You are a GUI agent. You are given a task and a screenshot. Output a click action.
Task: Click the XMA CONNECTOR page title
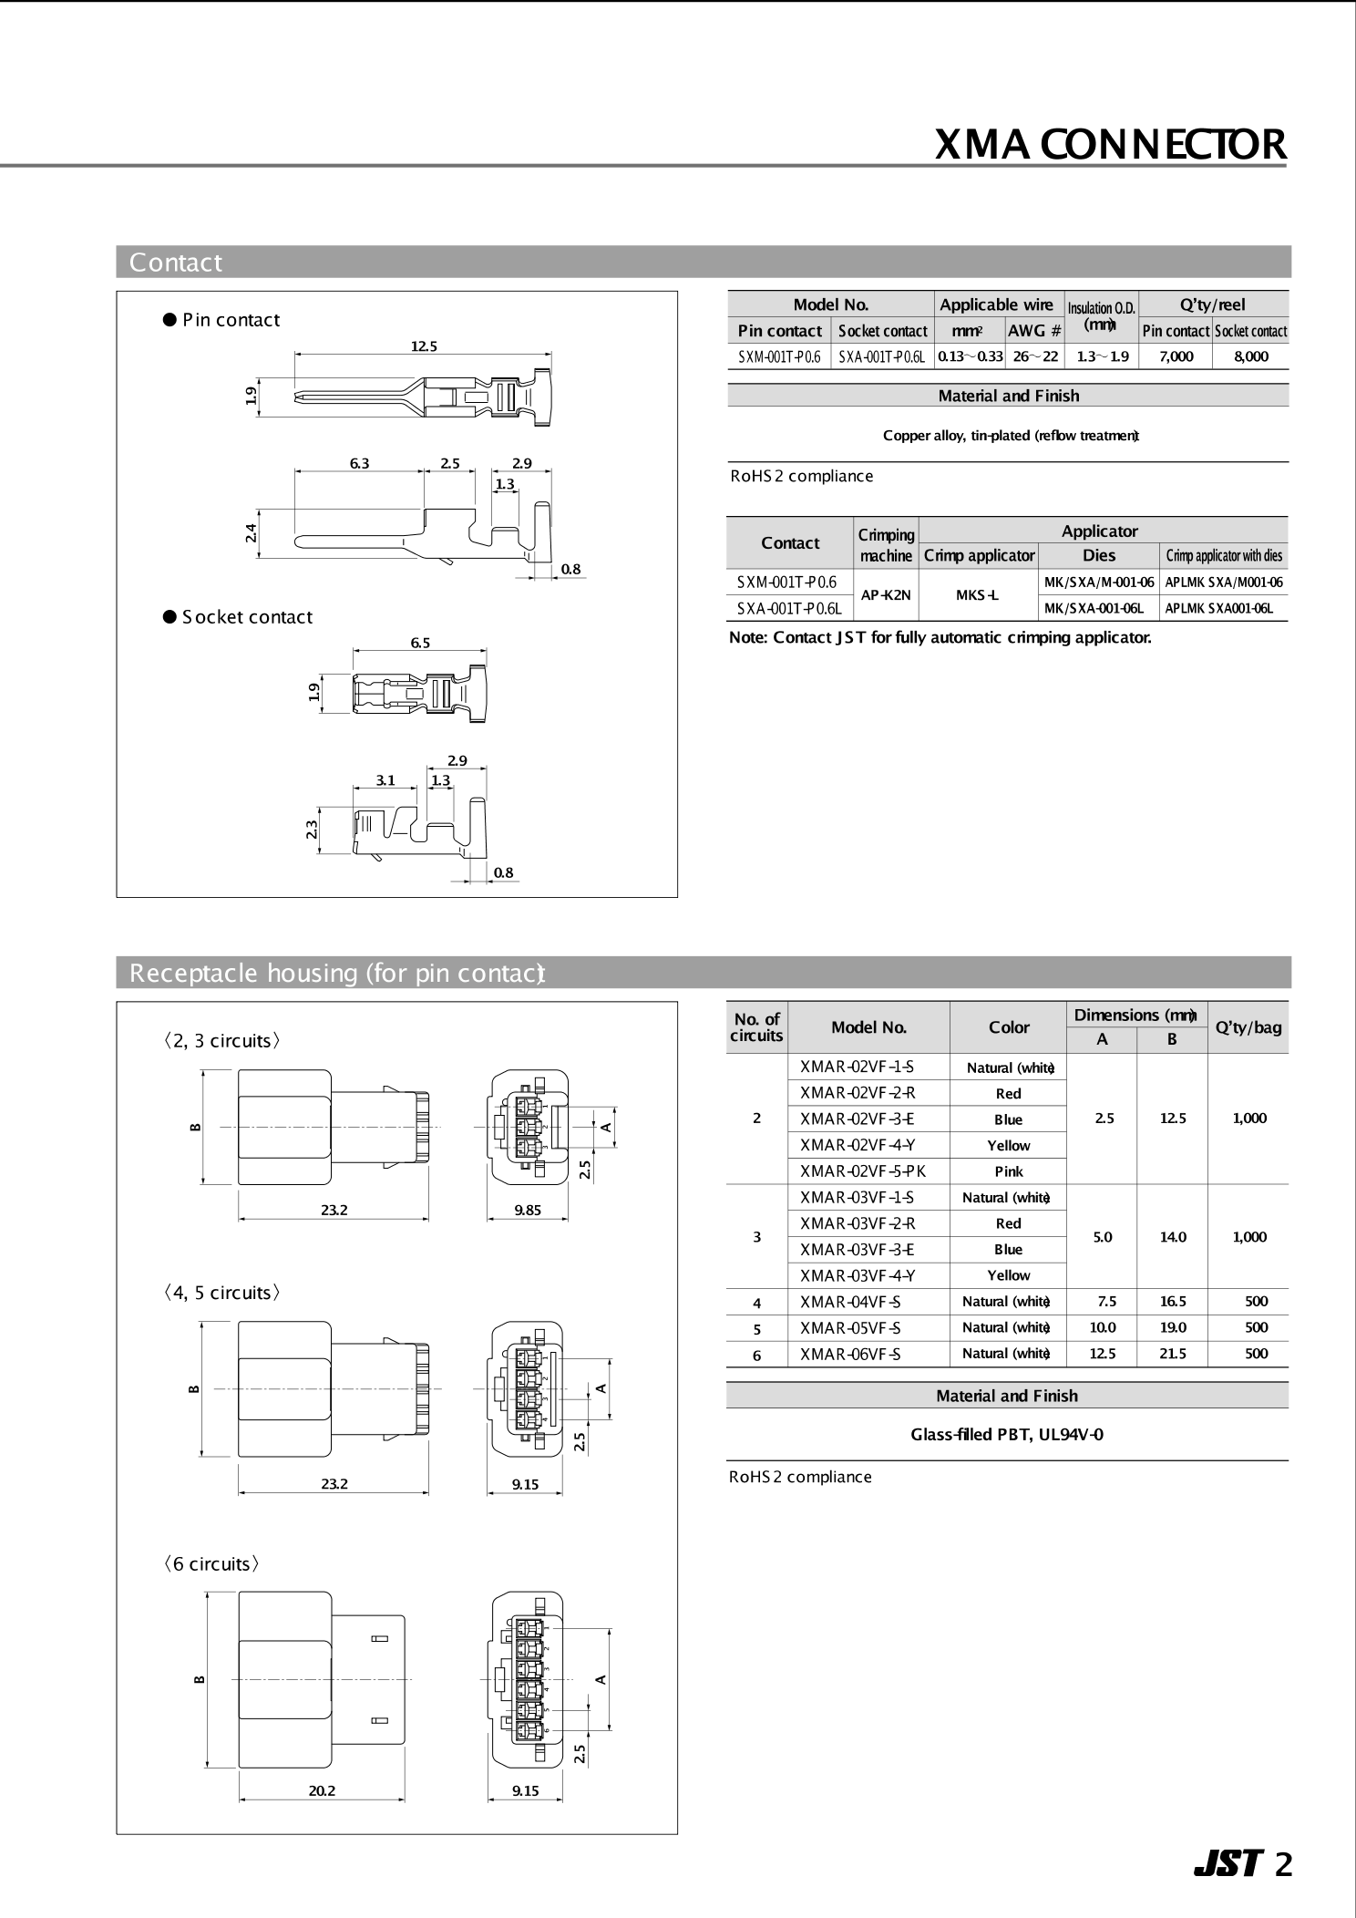coord(1110,145)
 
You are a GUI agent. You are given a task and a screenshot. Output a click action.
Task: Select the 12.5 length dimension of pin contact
coord(424,346)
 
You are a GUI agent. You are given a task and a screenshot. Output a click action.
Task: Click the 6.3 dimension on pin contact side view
coord(359,463)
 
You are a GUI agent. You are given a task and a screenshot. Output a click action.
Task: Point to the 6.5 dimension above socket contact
coord(419,643)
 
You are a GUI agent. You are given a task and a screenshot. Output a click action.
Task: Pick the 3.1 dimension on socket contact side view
coord(385,780)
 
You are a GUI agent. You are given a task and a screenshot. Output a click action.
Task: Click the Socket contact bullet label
coord(246,617)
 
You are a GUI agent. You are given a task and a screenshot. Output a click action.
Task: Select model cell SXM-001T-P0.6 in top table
coord(779,356)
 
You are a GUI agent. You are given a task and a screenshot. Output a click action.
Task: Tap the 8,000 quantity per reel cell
coord(1250,356)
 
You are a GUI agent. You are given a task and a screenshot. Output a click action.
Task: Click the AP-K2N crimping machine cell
coord(886,595)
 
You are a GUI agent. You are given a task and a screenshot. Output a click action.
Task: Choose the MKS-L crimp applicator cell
coord(978,595)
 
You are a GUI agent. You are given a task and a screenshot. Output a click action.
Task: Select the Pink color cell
coord(1008,1171)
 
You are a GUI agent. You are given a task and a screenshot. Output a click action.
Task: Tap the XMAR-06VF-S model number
coord(850,1354)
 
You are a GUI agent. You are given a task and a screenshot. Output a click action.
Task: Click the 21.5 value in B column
coord(1172,1354)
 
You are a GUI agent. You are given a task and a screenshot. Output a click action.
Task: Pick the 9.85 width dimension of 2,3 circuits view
coord(528,1211)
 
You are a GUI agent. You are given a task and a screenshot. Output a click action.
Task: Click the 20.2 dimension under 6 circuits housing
coord(322,1790)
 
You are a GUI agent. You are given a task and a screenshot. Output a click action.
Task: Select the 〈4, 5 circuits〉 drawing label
coord(221,1293)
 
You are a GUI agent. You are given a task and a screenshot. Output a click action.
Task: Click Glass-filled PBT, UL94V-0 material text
coord(1007,1434)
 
